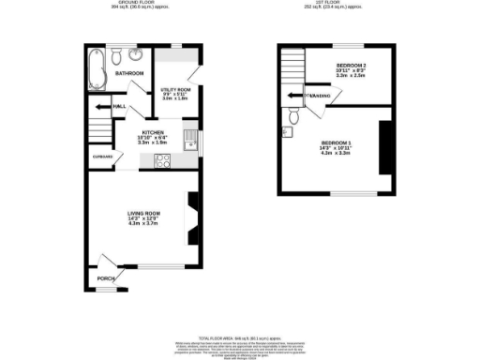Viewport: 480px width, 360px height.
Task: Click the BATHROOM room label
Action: coord(129,73)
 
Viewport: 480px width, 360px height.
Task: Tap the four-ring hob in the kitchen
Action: coord(161,158)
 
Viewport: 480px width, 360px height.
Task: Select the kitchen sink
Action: coord(189,141)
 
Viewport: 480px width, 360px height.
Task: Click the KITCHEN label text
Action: coord(155,133)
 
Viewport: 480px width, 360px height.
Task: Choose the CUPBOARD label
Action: coord(101,157)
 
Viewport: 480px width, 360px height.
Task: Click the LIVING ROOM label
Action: coord(144,214)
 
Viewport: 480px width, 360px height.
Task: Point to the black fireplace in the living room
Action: coord(193,219)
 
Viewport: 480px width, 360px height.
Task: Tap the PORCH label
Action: coord(106,278)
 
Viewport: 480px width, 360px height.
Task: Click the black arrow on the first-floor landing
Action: coord(294,95)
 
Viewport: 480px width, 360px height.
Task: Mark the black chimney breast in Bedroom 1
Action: coord(383,146)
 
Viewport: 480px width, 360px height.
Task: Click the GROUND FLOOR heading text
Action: coord(127,4)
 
